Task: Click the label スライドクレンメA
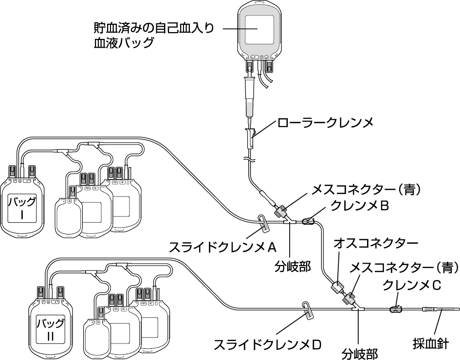click(223, 247)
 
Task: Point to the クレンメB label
click(359, 206)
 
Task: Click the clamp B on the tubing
click(309, 222)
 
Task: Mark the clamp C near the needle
click(395, 308)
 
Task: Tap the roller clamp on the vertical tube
click(250, 137)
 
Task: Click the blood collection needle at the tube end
click(441, 309)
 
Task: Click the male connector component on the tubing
click(337, 285)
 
